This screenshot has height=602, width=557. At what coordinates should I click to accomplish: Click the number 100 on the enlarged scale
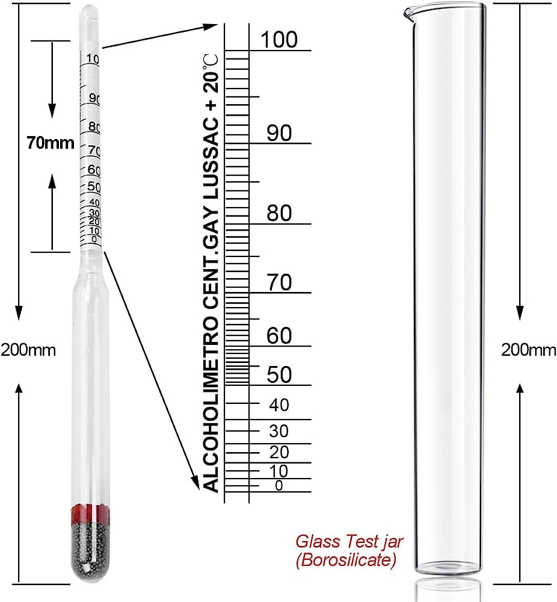tap(279, 40)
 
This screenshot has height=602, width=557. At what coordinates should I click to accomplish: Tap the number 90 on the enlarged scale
tap(279, 133)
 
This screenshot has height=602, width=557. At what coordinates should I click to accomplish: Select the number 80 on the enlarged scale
tap(279, 214)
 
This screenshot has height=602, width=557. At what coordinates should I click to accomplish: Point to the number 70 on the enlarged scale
tap(279, 282)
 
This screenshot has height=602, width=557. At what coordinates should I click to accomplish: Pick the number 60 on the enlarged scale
tap(279, 336)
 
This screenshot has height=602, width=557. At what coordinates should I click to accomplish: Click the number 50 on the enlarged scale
tap(279, 374)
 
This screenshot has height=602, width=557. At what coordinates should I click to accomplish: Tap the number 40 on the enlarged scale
tap(279, 405)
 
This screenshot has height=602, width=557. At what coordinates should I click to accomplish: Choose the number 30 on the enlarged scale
tap(279, 431)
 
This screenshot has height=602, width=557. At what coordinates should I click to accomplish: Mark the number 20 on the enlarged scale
tap(279, 451)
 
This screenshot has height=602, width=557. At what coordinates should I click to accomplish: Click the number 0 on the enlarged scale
tap(278, 486)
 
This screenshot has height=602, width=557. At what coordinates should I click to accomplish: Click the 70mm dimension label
tap(51, 143)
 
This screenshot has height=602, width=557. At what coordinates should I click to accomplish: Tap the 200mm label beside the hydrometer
tap(28, 350)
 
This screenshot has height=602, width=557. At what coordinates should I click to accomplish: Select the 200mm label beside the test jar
tap(529, 350)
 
